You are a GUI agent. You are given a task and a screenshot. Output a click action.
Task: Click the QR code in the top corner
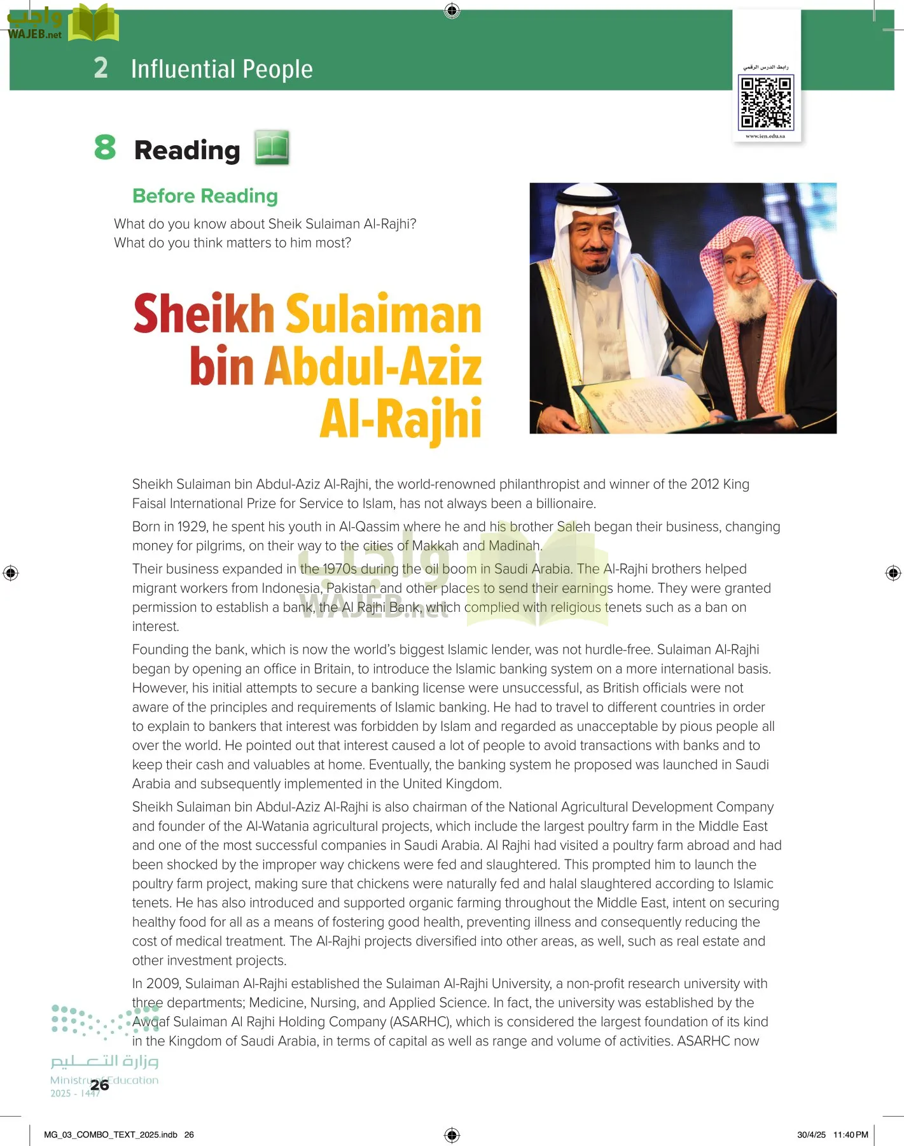(766, 102)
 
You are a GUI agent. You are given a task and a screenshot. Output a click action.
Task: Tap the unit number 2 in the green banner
(101, 68)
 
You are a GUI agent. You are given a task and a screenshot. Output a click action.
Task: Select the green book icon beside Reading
(272, 148)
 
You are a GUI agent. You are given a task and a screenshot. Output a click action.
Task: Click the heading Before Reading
(205, 196)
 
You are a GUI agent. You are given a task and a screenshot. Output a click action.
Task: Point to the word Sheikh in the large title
(204, 314)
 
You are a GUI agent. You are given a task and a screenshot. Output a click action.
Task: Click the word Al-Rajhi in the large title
(400, 420)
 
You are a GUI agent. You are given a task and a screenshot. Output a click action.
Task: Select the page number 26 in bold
(99, 1085)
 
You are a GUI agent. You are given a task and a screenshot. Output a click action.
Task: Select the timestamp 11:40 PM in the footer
(851, 1135)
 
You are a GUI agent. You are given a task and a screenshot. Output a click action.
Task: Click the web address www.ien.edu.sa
(765, 136)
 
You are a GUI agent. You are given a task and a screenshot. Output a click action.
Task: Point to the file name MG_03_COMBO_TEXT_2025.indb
(111, 1135)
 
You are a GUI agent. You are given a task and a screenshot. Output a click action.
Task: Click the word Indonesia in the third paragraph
(291, 588)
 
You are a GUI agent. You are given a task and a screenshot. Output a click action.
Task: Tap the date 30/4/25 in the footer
(811, 1135)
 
